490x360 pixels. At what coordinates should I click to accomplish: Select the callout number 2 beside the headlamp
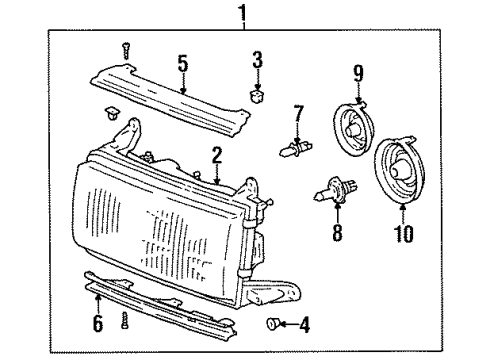click(215, 154)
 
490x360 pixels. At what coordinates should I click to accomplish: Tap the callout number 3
click(257, 62)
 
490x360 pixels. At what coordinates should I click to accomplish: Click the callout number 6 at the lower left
click(97, 326)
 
